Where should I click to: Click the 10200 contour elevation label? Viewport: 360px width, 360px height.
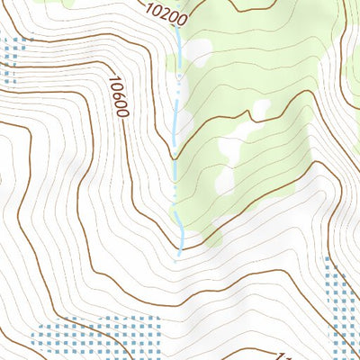pos(166,13)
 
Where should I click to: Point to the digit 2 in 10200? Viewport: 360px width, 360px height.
pos(165,13)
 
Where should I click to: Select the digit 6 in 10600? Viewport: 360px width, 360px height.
pos(118,93)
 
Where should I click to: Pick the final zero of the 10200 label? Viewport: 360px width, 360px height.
pos(182,19)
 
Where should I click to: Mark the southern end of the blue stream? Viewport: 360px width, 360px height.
pos(181,255)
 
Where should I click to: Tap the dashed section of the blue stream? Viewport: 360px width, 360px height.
pos(176,117)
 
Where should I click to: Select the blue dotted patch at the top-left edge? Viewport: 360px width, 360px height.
pos(11,59)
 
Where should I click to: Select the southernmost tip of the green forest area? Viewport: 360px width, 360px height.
pos(211,245)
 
